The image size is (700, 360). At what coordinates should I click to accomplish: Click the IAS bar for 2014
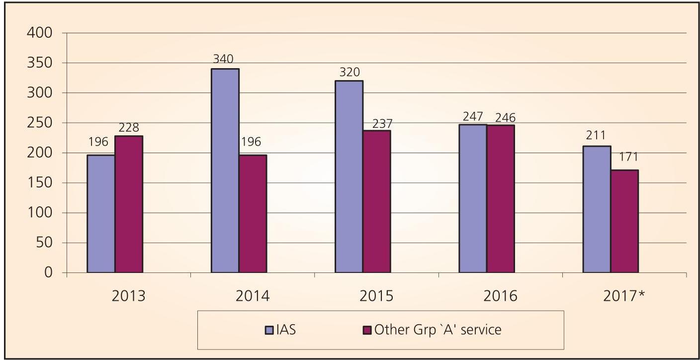225,171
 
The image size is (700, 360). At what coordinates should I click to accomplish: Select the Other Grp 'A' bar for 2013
129,204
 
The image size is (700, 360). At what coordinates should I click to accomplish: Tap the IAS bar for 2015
349,177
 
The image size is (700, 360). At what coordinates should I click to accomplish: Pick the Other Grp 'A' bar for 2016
501,198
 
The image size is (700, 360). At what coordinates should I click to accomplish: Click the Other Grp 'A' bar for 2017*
624,221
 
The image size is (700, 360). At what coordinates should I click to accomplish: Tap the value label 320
349,72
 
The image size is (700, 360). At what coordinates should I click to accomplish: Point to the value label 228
129,127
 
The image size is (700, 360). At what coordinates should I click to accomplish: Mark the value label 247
473,116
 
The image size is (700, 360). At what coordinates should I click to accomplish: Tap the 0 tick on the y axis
48,273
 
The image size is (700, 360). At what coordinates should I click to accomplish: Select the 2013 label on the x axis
129,296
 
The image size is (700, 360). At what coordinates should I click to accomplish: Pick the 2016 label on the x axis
501,296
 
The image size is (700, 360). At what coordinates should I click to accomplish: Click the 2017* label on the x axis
624,296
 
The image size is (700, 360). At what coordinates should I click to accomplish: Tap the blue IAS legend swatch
269,330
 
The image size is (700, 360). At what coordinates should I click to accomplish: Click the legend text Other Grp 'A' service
438,330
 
